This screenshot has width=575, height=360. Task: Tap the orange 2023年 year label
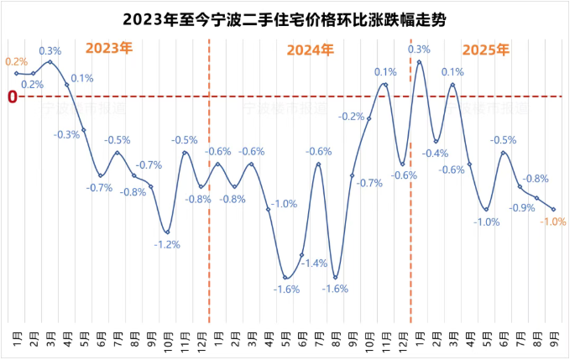point(109,48)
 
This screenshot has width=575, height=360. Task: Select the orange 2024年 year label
point(311,50)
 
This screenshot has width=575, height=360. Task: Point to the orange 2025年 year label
point(485,50)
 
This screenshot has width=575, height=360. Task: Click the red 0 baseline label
point(12,97)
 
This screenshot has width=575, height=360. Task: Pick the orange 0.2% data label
point(16,61)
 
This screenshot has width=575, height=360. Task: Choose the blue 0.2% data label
point(33,84)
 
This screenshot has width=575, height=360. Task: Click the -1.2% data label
point(167,244)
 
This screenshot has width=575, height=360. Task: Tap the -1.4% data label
point(316,263)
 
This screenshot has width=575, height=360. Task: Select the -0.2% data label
point(352,117)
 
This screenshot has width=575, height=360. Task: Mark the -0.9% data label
point(523,208)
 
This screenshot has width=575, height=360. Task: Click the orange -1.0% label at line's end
point(554,222)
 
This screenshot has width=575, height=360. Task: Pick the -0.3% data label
point(66,134)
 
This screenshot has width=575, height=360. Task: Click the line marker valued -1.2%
point(168,232)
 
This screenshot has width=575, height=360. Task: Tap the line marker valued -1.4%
point(302,253)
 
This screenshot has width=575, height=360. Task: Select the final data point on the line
point(554,209)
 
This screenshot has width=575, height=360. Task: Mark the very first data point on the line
point(16,74)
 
